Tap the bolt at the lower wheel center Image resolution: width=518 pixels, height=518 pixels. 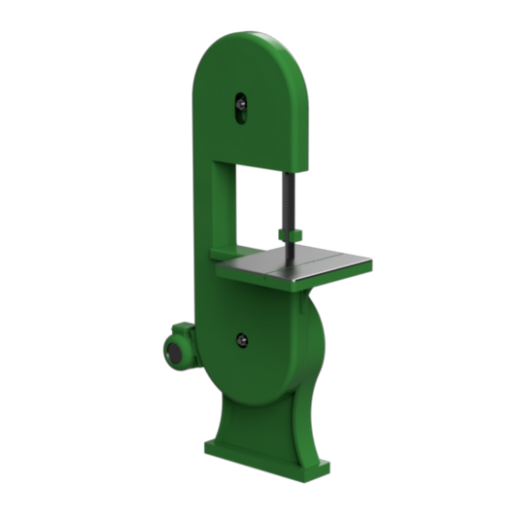[x=241, y=340]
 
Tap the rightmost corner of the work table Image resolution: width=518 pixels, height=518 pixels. [x=370, y=260]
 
